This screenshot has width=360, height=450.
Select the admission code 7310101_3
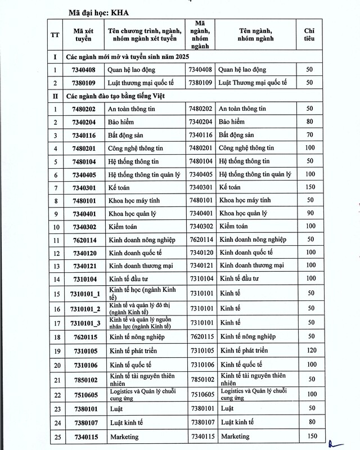(x=82, y=323)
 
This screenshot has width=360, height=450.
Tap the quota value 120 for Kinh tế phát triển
(x=309, y=351)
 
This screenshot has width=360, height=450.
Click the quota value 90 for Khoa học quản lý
(x=309, y=213)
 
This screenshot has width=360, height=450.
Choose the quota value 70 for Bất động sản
(x=309, y=136)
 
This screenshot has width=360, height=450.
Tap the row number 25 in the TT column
(x=55, y=436)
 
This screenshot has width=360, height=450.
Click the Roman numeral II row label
(x=55, y=96)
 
